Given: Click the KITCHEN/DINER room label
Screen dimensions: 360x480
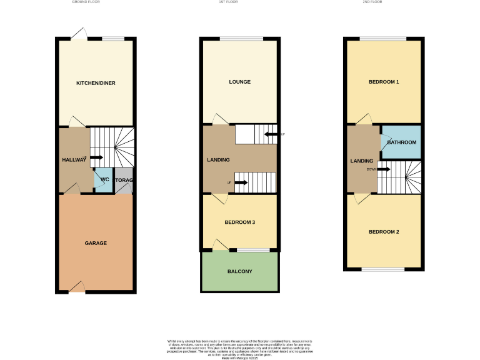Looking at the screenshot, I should point(96,83).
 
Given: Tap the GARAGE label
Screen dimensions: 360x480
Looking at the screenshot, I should point(96,243).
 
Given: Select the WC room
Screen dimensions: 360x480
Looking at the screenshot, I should point(104,180).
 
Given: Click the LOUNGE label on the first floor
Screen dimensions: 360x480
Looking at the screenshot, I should point(239,82).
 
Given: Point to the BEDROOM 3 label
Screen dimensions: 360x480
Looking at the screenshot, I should point(239,222).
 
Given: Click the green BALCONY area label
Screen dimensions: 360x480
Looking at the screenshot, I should point(239,271).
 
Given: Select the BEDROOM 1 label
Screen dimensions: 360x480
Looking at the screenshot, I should point(383,82).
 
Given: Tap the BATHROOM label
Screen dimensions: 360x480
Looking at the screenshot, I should point(401,142).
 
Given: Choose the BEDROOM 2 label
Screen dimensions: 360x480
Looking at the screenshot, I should point(383,232).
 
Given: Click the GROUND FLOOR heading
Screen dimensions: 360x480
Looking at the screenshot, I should point(86,2).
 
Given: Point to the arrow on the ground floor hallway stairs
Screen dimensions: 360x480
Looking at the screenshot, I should point(96,157).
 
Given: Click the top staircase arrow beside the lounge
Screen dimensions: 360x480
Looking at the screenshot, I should point(271,134).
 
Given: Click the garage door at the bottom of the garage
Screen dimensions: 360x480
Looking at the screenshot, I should point(77,287).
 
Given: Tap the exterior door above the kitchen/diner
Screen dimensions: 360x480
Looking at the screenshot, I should point(79,34).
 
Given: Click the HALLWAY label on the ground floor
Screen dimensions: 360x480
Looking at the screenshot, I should point(74,161).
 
